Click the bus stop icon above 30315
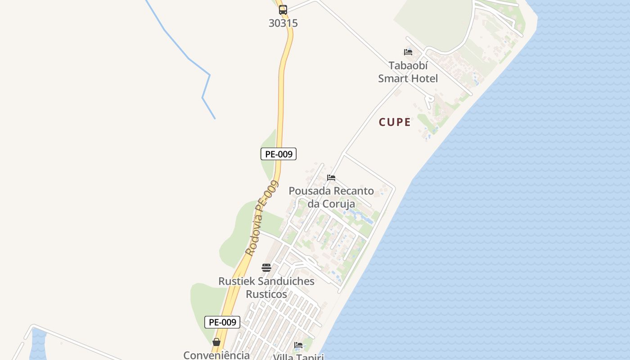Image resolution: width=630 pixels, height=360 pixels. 283,10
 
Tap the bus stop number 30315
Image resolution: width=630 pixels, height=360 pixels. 283,23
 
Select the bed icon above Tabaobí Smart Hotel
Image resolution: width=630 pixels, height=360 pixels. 408,52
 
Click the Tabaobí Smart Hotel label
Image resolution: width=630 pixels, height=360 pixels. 408,72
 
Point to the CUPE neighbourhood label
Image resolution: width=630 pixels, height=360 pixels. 395,122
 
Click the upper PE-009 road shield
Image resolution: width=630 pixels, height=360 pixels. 279,154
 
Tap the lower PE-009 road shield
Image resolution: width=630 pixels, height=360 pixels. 222,322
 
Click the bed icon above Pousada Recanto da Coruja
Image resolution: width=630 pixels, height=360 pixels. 331,178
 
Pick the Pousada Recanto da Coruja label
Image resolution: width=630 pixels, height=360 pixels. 331,197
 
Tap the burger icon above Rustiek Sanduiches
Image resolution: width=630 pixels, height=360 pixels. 266,268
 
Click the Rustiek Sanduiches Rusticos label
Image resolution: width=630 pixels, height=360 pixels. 266,288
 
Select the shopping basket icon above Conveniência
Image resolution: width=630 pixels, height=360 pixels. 216,342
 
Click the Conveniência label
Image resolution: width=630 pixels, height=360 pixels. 216,355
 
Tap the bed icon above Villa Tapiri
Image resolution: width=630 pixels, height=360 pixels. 298,345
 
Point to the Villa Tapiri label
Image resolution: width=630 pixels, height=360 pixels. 298,356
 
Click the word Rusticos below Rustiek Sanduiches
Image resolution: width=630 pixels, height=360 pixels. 266,294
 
